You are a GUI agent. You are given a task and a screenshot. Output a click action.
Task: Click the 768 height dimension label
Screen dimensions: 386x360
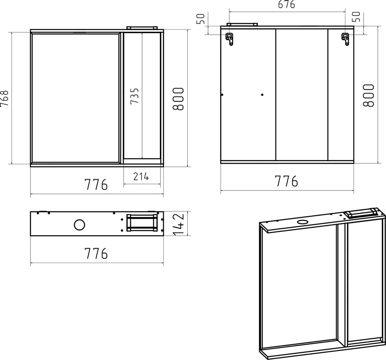(4, 98)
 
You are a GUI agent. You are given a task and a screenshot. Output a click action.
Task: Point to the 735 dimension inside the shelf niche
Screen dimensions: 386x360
(135, 96)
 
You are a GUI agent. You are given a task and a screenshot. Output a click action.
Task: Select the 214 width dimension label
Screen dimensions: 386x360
(141, 177)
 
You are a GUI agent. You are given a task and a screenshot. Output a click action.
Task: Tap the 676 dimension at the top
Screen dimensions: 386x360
(287, 5)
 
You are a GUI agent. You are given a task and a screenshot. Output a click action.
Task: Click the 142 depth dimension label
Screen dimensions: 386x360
(179, 224)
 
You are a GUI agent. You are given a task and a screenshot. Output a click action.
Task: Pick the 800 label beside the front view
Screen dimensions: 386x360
(178, 99)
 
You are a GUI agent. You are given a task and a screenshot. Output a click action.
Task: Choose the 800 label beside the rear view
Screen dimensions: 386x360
(369, 95)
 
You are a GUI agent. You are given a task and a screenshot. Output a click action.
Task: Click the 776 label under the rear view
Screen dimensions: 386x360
(286, 181)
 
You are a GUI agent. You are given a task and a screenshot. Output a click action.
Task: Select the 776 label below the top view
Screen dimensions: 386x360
(96, 253)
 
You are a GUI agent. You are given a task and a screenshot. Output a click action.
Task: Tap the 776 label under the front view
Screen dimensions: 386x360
(96, 184)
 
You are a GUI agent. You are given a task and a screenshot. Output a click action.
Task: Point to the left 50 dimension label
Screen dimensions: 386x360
(201, 19)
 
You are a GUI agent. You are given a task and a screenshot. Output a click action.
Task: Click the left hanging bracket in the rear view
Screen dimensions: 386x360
(230, 39)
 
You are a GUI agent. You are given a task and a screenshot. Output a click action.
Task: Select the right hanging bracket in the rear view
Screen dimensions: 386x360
(345, 39)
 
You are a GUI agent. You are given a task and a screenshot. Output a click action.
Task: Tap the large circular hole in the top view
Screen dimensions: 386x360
(80, 225)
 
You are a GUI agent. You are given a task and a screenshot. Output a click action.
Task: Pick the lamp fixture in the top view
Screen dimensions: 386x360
(142, 223)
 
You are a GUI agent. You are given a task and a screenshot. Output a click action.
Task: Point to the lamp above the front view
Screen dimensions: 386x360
(142, 28)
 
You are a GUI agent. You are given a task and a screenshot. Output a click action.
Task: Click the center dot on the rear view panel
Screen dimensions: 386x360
(262, 95)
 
